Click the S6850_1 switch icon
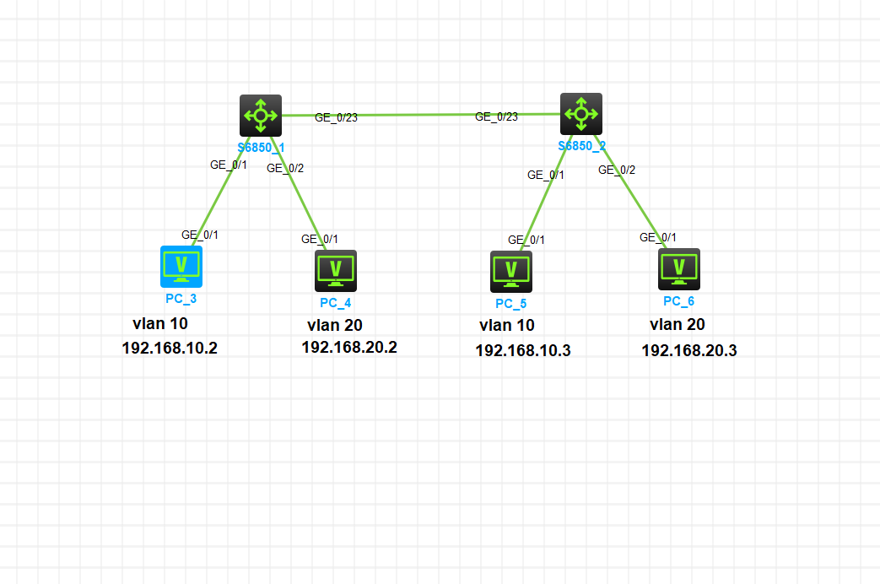tap(261, 115)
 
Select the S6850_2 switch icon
tap(581, 114)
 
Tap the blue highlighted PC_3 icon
tap(181, 267)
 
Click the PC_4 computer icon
tap(336, 270)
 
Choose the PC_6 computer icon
tap(679, 269)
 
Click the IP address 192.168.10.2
tap(170, 348)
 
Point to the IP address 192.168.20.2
tap(349, 347)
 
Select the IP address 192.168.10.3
tap(523, 350)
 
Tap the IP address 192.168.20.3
tap(689, 350)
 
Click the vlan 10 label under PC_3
tap(160, 323)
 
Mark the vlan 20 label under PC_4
tap(335, 325)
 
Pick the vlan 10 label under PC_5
tap(507, 325)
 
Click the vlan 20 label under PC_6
tap(678, 324)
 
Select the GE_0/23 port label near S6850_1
tap(336, 117)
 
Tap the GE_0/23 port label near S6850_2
tap(496, 116)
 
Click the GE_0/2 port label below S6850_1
tap(285, 168)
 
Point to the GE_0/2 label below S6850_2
tap(617, 170)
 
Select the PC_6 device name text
tap(679, 301)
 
